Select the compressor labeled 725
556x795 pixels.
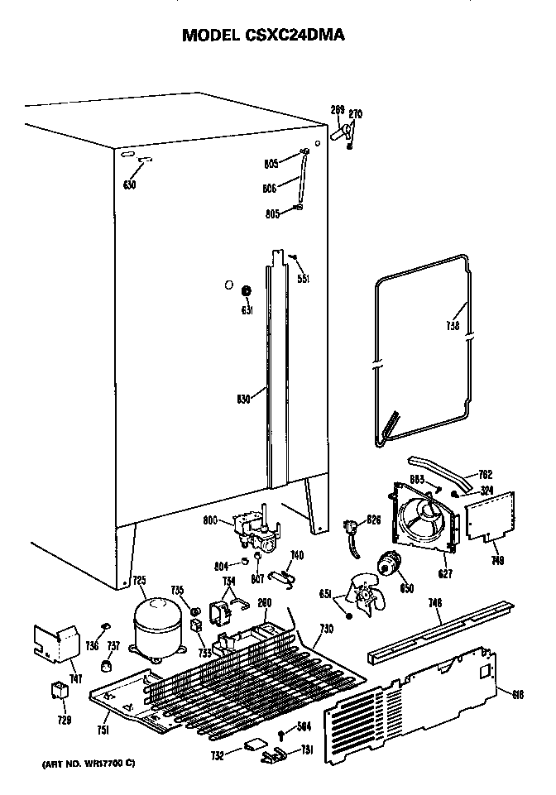[x=158, y=628]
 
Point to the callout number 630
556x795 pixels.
[x=129, y=184]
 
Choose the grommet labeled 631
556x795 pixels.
[x=246, y=292]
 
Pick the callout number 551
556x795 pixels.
[x=304, y=279]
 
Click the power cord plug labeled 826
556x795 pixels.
[x=353, y=527]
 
